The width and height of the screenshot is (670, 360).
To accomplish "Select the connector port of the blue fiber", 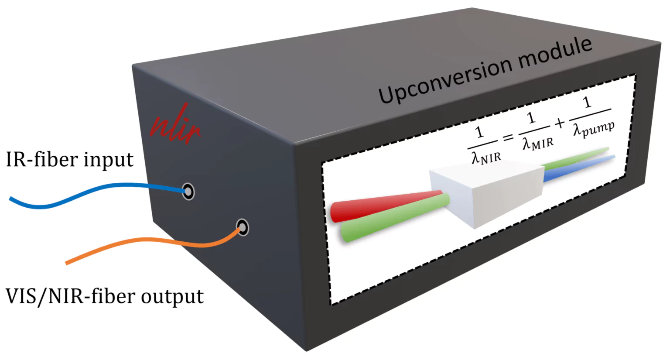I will coord(188,191).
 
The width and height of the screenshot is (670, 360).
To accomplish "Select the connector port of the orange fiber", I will coord(243,227).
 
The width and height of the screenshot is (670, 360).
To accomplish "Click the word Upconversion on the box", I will coord(445,79).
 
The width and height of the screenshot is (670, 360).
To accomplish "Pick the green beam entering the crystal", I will coord(393,220).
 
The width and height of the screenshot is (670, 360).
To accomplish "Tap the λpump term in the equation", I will coord(594,128).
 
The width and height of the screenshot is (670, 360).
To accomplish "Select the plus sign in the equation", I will coord(560,124).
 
